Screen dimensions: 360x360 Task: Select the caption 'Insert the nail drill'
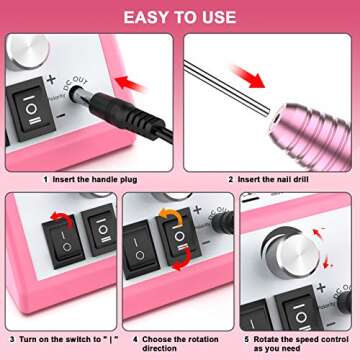(x=275, y=180)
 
